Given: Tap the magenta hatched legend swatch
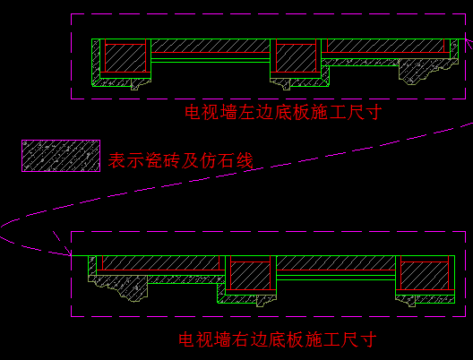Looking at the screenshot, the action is (x=61, y=156).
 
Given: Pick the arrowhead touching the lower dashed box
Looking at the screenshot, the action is (x=67, y=250).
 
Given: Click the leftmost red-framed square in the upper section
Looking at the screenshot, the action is (x=125, y=58).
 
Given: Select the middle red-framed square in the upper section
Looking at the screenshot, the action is (x=296, y=58).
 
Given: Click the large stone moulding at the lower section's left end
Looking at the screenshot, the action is (x=118, y=288).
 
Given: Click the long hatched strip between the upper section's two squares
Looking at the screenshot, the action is (x=211, y=46).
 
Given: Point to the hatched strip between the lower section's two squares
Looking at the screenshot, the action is (x=336, y=262).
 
